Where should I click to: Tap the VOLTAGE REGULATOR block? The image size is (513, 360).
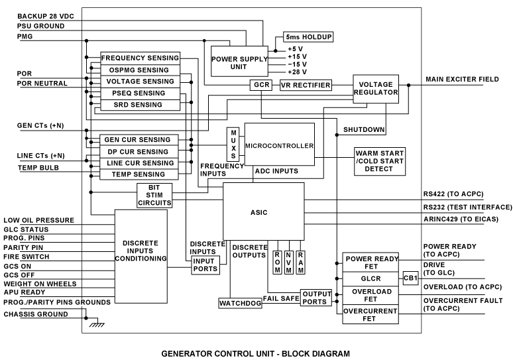pyautogui.click(x=376, y=89)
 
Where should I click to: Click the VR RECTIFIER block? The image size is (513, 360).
pyautogui.click(x=306, y=86)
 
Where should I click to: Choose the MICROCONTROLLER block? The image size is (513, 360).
pyautogui.click(x=279, y=145)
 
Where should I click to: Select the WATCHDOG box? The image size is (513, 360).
pyautogui.click(x=239, y=303)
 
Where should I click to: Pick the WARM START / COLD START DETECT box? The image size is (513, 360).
pyautogui.click(x=379, y=161)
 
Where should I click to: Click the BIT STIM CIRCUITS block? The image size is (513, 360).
pyautogui.click(x=155, y=196)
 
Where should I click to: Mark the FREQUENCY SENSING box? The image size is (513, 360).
pyautogui.click(x=141, y=58)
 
